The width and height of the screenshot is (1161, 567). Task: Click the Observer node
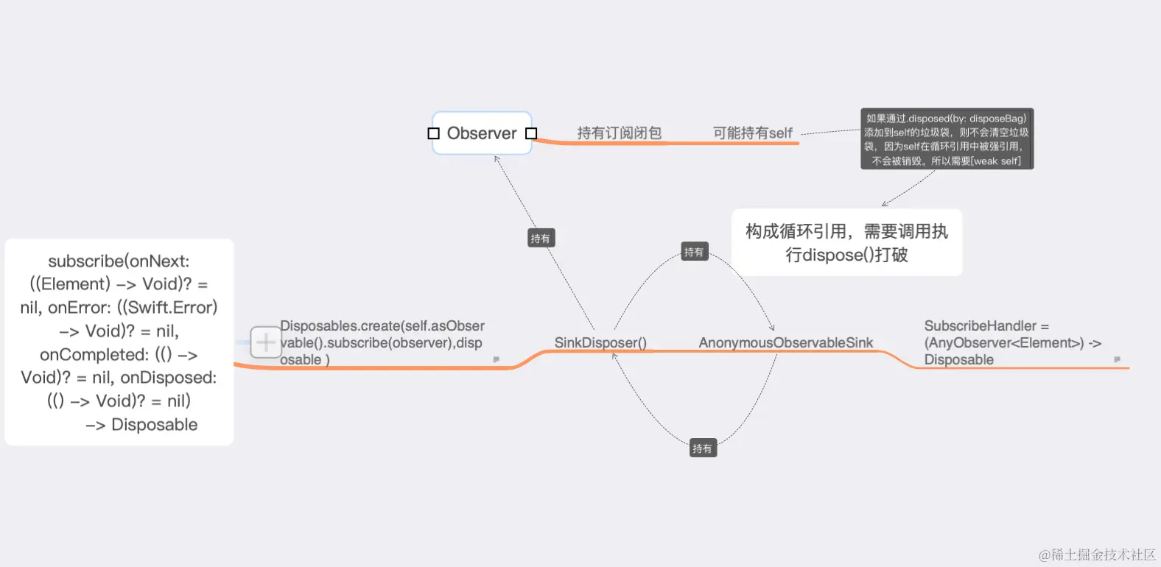click(x=482, y=133)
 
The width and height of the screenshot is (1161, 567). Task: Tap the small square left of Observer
click(x=433, y=133)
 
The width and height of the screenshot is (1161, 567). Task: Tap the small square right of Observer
click(x=531, y=133)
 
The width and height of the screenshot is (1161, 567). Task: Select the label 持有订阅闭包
click(x=619, y=133)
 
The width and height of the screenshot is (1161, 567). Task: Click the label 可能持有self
click(x=752, y=133)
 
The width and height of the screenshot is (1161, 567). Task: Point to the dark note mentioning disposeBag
click(x=947, y=139)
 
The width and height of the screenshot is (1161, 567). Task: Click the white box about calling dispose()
click(x=846, y=243)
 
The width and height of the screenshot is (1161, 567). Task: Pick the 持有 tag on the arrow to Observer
click(x=541, y=239)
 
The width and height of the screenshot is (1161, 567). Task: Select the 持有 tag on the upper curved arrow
click(x=694, y=252)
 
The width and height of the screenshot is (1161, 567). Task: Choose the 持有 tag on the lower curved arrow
click(x=702, y=448)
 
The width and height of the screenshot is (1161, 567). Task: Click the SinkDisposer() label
click(x=600, y=342)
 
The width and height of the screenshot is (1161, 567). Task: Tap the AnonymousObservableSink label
click(x=785, y=342)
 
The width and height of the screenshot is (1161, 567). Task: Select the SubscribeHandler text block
click(x=1011, y=342)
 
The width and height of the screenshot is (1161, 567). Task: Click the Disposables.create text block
click(x=382, y=342)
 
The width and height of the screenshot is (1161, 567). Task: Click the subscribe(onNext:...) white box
click(x=119, y=342)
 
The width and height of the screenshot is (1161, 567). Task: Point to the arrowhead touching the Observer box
click(x=497, y=158)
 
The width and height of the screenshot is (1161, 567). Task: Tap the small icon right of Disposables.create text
click(x=496, y=359)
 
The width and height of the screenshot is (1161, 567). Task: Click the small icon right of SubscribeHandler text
click(x=1117, y=359)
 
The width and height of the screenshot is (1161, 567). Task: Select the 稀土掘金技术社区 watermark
click(x=1097, y=554)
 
